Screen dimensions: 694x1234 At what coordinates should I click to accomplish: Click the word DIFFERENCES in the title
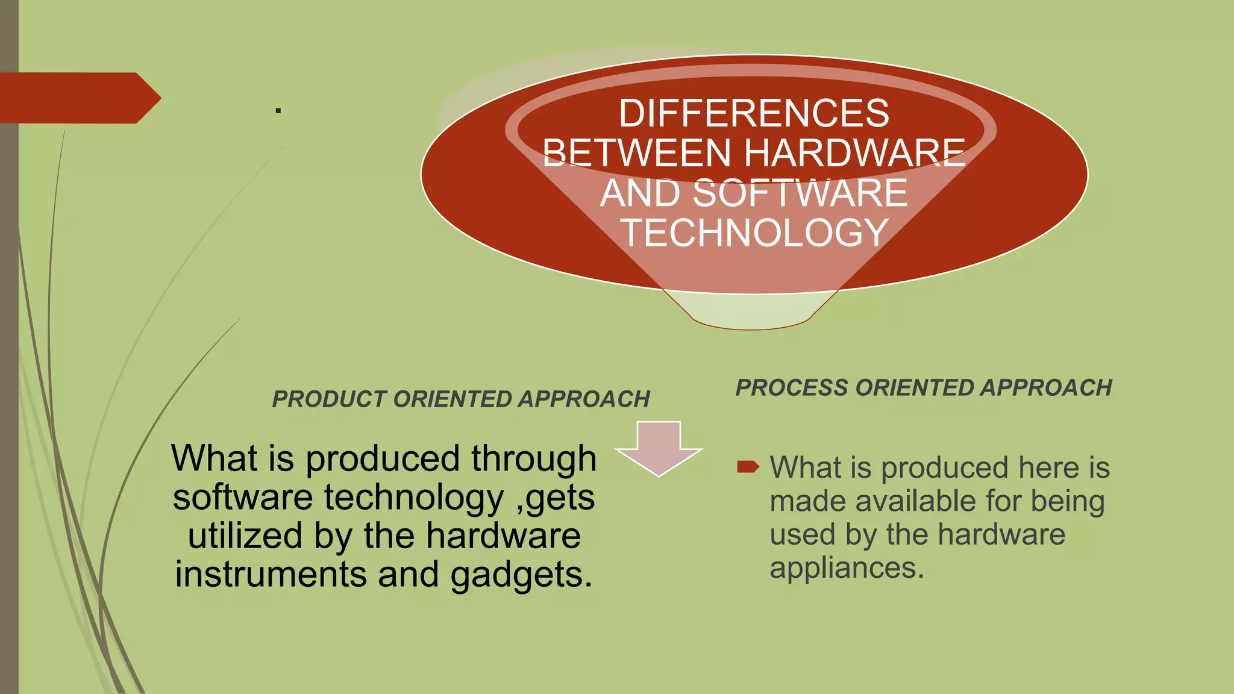(754, 113)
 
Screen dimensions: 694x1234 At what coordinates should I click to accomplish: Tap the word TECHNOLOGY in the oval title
(754, 233)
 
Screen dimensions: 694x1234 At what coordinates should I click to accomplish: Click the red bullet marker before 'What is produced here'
(748, 466)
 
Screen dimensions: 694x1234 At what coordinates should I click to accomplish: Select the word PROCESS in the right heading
(792, 388)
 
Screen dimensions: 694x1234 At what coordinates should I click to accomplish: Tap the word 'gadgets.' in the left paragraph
(521, 574)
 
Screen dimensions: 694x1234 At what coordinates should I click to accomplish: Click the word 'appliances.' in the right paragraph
(847, 567)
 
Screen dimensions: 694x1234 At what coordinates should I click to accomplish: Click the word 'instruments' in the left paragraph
(271, 574)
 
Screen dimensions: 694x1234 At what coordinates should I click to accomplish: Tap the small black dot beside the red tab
(278, 110)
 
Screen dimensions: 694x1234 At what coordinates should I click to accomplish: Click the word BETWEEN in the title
(636, 153)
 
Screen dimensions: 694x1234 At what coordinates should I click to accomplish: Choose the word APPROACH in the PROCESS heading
(1046, 388)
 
